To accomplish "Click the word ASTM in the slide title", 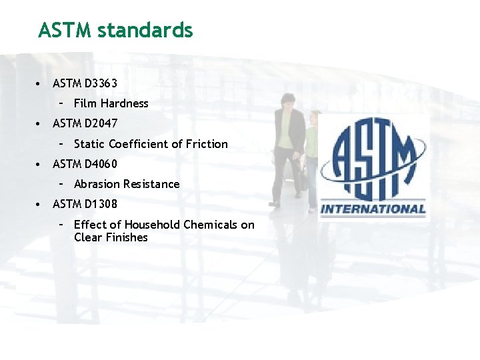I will (65, 30).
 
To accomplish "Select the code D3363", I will (101, 83).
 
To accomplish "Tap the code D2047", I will (101, 123).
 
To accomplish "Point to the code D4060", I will (101, 163).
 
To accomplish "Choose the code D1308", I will (101, 204).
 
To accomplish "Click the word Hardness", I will (125, 103).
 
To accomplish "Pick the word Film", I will (85, 103).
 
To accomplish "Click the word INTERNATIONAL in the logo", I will (373, 209).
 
